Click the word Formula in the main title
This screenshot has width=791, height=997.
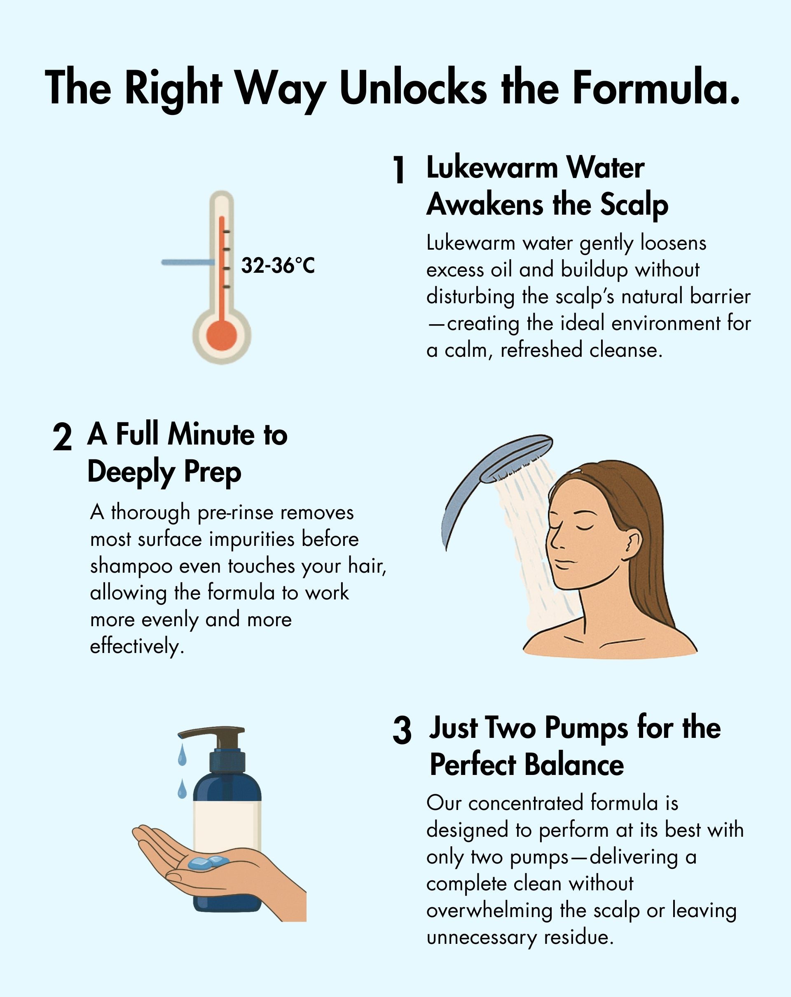(x=656, y=87)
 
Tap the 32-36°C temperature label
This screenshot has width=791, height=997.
(x=278, y=265)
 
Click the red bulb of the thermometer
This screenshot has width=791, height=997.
(x=222, y=336)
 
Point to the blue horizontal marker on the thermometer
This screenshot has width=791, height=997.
(x=188, y=262)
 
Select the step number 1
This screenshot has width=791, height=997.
(x=398, y=169)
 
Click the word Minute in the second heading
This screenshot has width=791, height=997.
(x=211, y=434)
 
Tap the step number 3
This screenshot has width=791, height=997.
(x=402, y=730)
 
